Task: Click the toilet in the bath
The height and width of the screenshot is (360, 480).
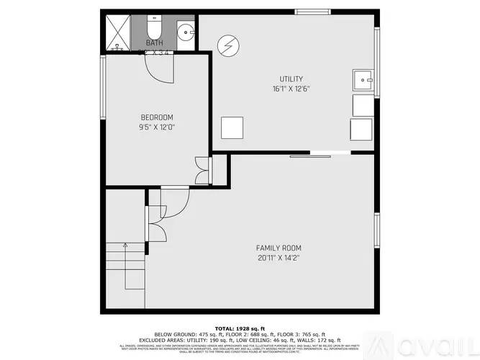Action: tap(153, 29)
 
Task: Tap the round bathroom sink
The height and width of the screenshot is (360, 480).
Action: tap(185, 31)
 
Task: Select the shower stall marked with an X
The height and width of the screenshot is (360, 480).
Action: tap(115, 31)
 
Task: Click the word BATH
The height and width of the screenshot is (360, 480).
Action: tap(154, 43)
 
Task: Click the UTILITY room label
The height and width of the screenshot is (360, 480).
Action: tap(291, 79)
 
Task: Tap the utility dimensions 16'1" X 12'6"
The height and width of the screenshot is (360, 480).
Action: tap(291, 89)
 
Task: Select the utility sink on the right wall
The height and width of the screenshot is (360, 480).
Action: tap(362, 79)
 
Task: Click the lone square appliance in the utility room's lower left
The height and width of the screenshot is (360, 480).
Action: tap(232, 127)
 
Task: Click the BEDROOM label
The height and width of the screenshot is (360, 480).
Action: tap(156, 117)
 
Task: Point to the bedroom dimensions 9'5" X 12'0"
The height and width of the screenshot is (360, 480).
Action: tap(156, 127)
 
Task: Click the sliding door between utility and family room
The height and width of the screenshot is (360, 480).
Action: tap(320, 153)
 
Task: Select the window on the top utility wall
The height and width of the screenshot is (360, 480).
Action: tap(312, 11)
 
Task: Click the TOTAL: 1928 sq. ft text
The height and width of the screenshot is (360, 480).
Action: tap(240, 328)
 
